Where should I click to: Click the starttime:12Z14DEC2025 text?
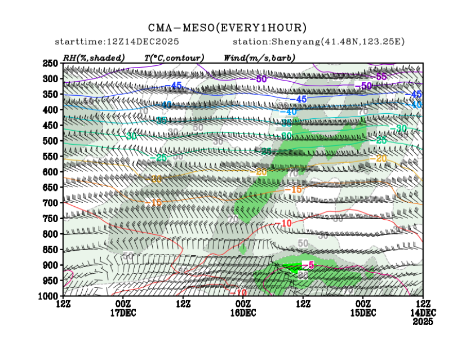(117, 42)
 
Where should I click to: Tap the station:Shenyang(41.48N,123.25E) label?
(318, 42)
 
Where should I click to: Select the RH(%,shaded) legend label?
(94, 57)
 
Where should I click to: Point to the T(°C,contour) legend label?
(174, 57)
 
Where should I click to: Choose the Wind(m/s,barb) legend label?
(259, 57)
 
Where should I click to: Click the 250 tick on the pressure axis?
(51, 63)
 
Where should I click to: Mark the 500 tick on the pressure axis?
(51, 141)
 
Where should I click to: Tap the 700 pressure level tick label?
(51, 203)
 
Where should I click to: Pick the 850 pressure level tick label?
(51, 250)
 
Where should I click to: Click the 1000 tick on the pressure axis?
(48, 296)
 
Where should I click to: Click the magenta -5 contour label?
(308, 265)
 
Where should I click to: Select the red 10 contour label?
(286, 223)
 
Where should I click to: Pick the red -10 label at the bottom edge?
(238, 293)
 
